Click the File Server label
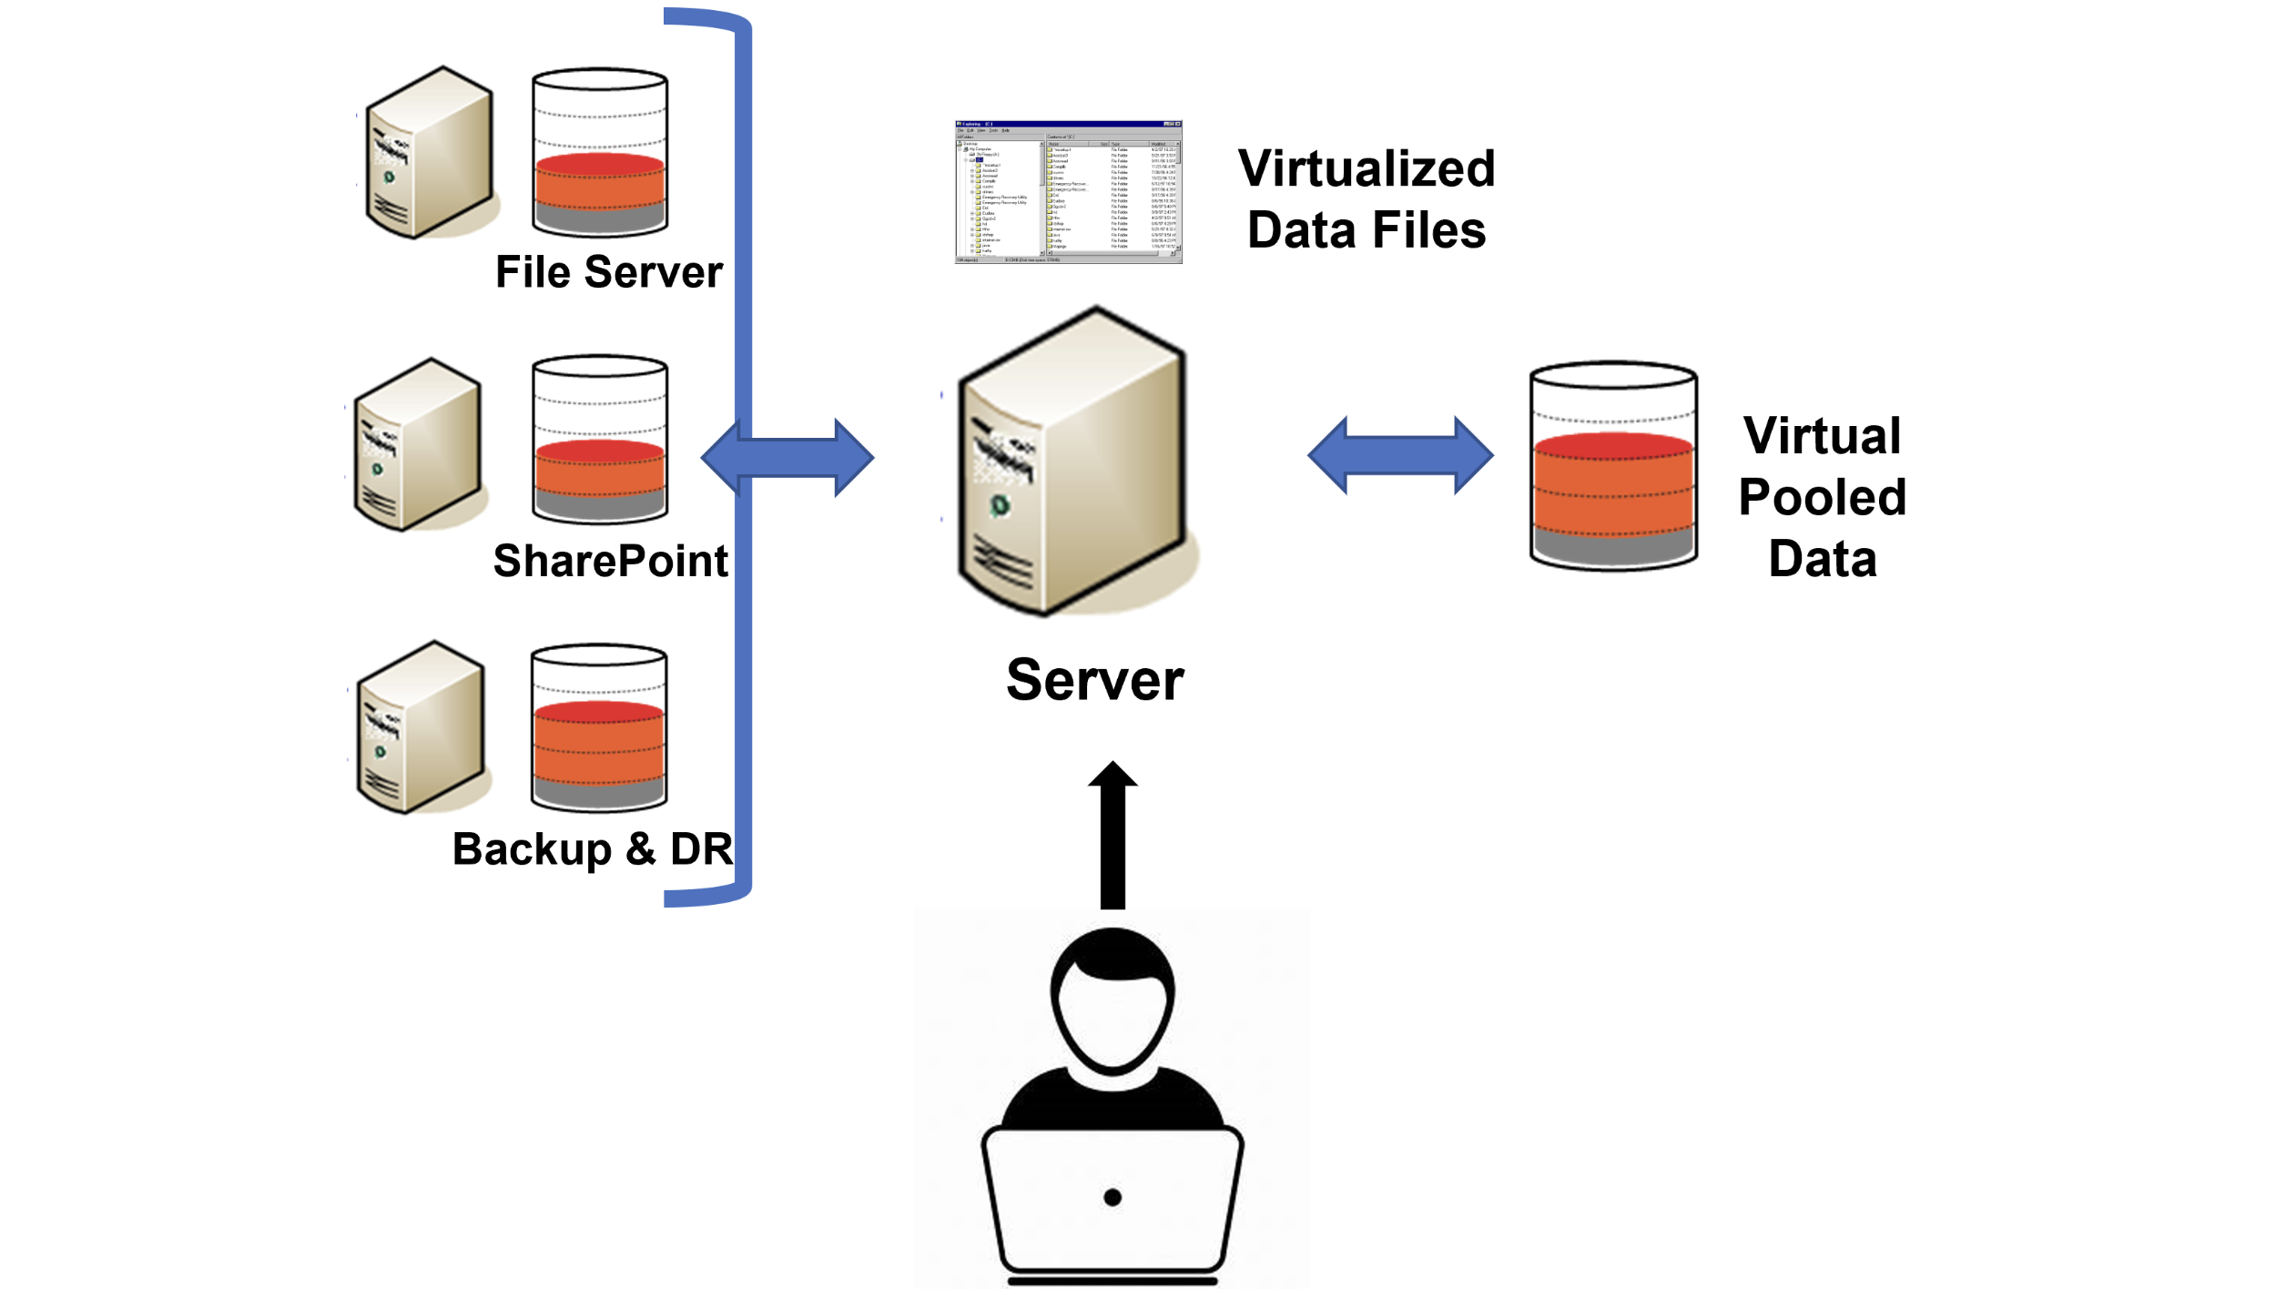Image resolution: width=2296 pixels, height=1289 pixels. [608, 272]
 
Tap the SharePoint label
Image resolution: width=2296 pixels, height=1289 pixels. [610, 560]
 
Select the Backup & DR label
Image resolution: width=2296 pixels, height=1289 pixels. [592, 848]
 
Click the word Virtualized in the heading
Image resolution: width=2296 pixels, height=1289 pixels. [1366, 169]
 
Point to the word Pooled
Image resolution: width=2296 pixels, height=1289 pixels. [1822, 497]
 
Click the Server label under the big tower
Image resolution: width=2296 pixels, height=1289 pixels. [1094, 680]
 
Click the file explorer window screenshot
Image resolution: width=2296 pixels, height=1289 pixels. [1068, 192]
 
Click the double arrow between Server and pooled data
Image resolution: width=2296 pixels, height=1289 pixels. [1400, 455]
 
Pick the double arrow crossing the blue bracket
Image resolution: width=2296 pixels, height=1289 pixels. [787, 457]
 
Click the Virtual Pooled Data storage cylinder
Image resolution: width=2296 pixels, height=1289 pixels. [1612, 466]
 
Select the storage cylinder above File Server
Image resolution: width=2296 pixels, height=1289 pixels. [599, 152]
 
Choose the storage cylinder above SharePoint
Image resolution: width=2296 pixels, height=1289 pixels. [599, 440]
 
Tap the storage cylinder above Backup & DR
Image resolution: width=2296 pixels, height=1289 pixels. [598, 728]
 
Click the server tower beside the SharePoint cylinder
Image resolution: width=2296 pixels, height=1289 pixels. [418, 445]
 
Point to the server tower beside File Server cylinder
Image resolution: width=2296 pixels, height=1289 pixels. [430, 153]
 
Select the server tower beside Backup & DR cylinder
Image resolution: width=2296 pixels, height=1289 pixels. [421, 727]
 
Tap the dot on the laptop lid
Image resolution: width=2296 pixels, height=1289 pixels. [1112, 1197]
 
